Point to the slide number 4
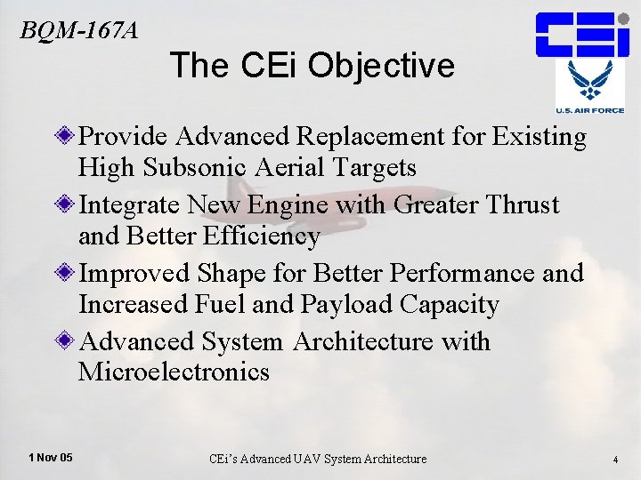pyautogui.click(x=615, y=459)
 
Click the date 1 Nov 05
pyautogui.click(x=51, y=458)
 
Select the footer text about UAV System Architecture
pyautogui.click(x=317, y=459)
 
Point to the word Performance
pyautogui.click(x=460, y=274)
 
